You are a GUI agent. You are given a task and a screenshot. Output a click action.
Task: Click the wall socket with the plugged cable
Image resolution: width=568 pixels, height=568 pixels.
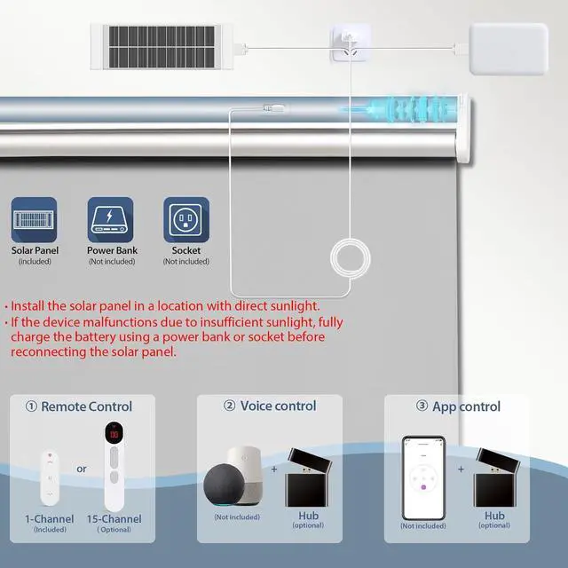pyautogui.click(x=350, y=43)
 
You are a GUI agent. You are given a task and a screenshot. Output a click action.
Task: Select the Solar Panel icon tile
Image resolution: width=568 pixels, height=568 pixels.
pyautogui.click(x=34, y=220)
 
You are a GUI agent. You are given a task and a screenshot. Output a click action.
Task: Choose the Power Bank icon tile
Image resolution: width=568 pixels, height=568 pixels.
pyautogui.click(x=112, y=220)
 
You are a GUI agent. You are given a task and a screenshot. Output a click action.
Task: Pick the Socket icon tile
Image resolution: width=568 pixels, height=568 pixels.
pyautogui.click(x=186, y=220)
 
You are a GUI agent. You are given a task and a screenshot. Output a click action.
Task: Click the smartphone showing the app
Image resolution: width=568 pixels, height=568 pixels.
pyautogui.click(x=422, y=477)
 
